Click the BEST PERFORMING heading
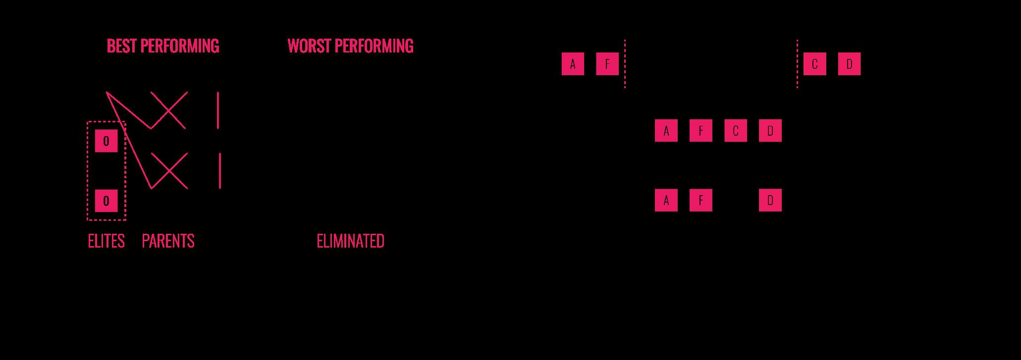[162, 46]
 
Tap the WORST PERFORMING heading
[350, 46]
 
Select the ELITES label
[106, 241]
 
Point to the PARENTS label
[168, 241]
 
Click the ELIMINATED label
[350, 241]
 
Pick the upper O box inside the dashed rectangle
[106, 141]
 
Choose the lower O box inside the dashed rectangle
[106, 201]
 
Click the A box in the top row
[573, 64]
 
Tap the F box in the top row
[607, 64]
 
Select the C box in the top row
[814, 64]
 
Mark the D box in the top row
[849, 64]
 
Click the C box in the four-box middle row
[735, 131]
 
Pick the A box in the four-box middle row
[666, 131]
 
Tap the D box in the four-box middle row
[770, 131]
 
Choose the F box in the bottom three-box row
[700, 200]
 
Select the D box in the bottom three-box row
[770, 200]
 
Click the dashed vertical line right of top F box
[625, 64]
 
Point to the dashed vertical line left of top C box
[797, 64]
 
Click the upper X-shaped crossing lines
[169, 110]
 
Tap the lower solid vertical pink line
[220, 170]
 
